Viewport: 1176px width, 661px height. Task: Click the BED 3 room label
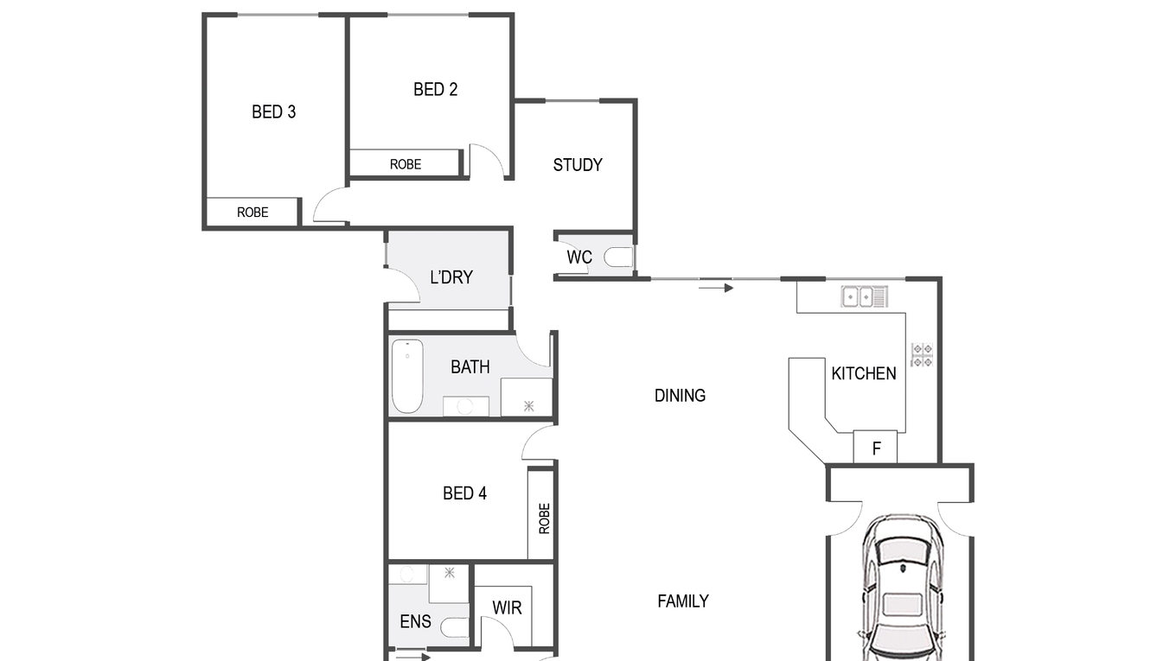point(273,111)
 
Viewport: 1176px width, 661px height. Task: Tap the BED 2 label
point(435,90)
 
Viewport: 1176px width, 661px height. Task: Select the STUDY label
point(578,165)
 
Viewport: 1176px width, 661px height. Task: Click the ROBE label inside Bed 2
point(406,165)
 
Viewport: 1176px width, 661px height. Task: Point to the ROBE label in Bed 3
point(252,213)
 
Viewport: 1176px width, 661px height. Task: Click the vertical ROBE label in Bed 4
point(545,518)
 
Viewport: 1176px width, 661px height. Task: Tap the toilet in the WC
point(618,257)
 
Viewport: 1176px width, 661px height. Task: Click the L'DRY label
point(451,277)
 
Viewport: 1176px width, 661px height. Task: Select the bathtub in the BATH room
point(408,376)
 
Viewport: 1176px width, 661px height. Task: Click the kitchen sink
point(864,296)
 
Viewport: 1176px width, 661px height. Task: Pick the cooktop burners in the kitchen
point(922,355)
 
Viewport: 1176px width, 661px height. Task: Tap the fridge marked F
point(875,447)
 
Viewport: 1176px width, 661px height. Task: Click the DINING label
point(680,396)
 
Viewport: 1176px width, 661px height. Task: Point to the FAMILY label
point(683,601)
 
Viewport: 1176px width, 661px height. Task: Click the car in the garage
point(903,588)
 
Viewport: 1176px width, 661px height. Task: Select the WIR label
point(507,608)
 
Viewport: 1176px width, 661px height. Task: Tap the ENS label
point(415,621)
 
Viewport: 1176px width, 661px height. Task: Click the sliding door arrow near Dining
point(716,288)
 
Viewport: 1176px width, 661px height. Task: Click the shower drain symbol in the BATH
point(528,405)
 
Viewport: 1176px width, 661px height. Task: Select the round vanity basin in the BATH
point(464,407)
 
